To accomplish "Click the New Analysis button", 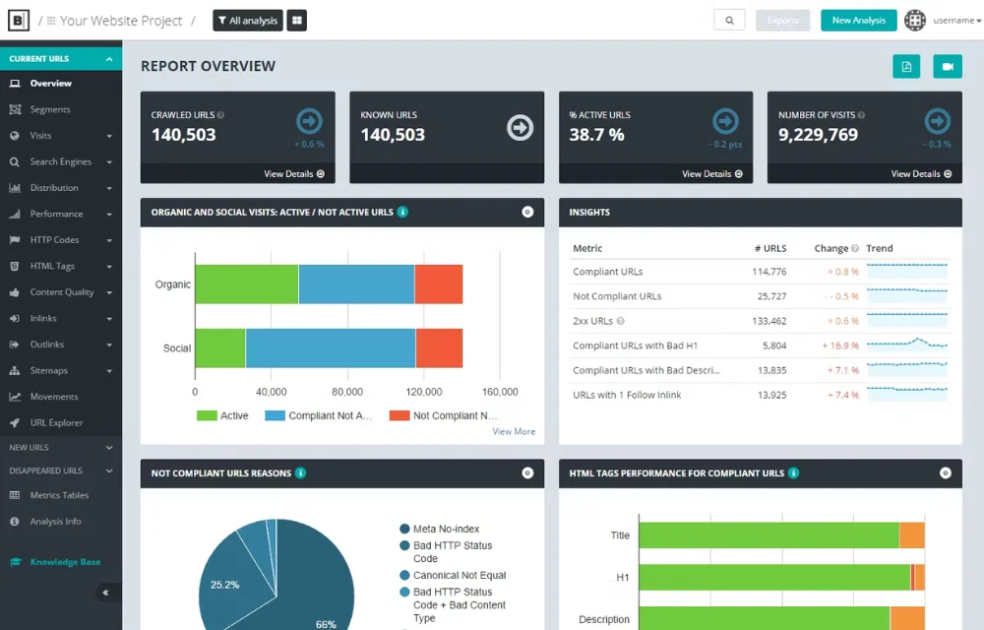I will coord(858,21).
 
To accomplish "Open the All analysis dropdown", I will coord(248,21).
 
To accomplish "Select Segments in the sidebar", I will coord(50,109).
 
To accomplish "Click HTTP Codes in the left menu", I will coord(54,240).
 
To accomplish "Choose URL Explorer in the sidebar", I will coord(56,423).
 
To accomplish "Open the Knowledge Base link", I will coord(65,562).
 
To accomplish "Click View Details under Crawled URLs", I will coord(294,174).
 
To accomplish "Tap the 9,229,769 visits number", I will coord(818,135).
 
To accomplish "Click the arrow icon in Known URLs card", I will coord(520,127).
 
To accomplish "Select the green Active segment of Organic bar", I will coord(246,284).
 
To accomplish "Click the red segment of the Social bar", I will coord(439,348).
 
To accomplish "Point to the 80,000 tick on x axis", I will coord(347,392).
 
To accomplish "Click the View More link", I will coord(514,431).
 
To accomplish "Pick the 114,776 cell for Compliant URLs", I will coord(769,272).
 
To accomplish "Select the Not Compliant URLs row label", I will coord(617,296).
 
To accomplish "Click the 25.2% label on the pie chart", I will coord(224,585).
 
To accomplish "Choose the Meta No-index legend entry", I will coord(446,530).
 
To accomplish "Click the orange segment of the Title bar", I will coord(912,535).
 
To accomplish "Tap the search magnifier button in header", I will coord(729,21).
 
